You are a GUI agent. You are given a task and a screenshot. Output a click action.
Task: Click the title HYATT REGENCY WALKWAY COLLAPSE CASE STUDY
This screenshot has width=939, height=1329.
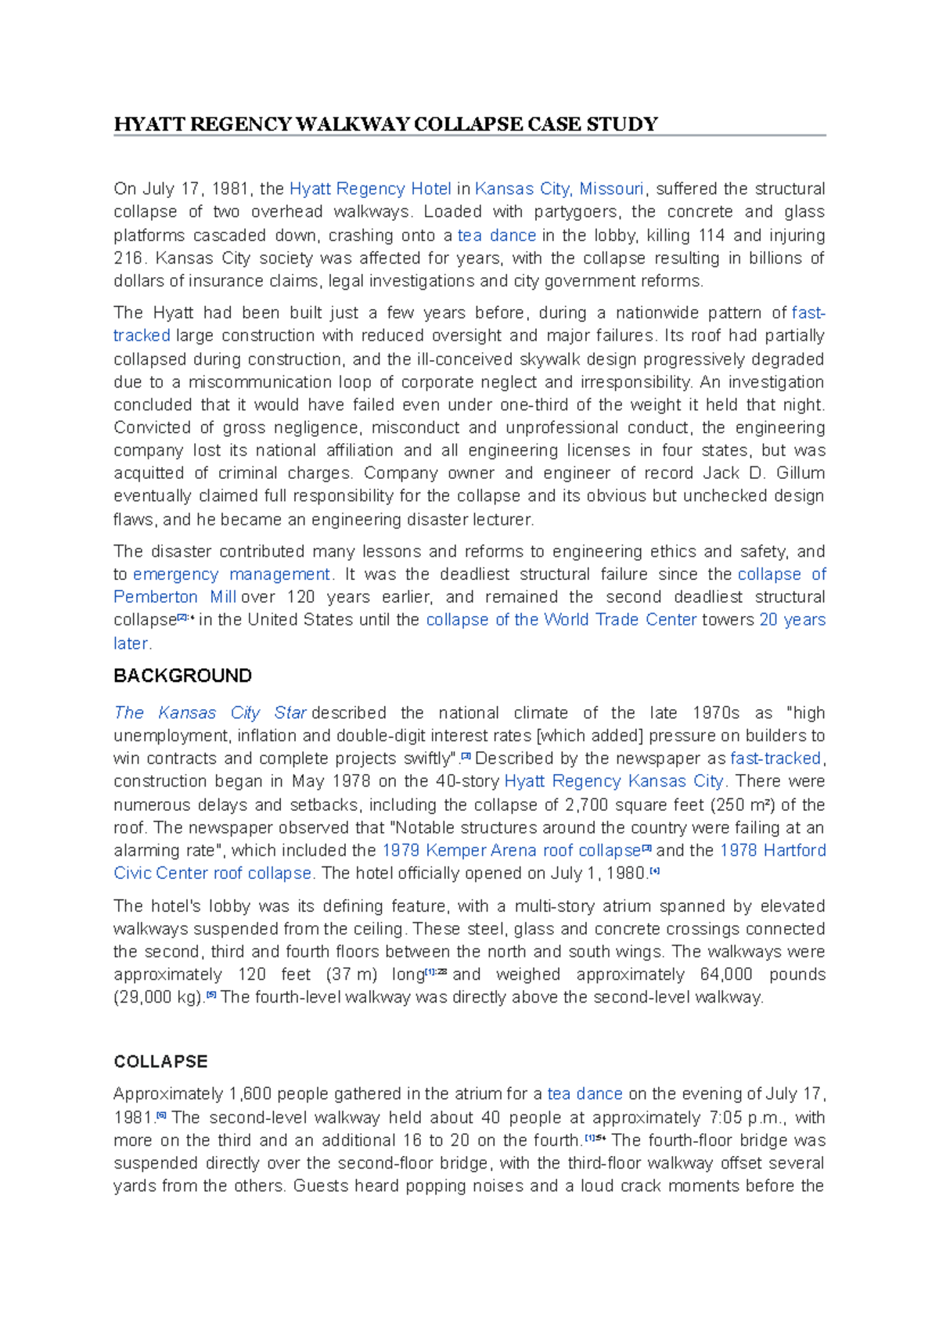point(386,124)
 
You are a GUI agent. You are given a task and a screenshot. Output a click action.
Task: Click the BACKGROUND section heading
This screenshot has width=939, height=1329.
point(182,675)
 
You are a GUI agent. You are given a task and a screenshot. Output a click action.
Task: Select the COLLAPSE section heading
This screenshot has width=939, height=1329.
point(160,1061)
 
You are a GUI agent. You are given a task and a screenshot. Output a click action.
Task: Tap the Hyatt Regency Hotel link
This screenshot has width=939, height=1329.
point(370,189)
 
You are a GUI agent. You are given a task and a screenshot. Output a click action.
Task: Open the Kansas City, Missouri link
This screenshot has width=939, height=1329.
point(559,189)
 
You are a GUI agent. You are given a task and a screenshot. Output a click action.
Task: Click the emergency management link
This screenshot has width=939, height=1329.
point(232,574)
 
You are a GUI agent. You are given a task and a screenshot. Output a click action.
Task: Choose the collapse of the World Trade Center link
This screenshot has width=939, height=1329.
point(561,620)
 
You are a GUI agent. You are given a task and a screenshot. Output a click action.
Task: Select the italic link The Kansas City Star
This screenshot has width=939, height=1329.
point(210,713)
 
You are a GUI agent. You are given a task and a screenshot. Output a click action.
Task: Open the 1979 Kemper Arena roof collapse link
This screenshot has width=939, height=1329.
point(511,850)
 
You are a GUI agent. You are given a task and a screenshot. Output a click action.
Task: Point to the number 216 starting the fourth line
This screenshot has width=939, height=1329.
point(128,258)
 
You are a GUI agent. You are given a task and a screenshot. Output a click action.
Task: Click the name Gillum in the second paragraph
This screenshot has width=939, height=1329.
point(800,473)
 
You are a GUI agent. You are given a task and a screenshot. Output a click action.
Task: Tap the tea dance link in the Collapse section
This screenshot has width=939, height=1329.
point(585,1093)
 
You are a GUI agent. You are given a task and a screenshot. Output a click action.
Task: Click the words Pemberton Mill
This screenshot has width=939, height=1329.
point(174,596)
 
